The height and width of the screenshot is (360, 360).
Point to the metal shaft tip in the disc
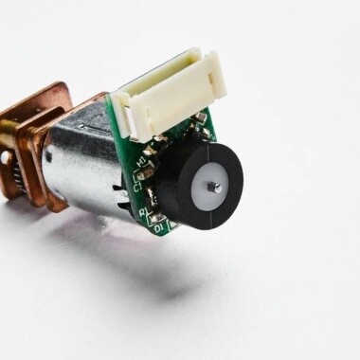[x=215, y=188]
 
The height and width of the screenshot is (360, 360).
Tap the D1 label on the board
[x=159, y=227]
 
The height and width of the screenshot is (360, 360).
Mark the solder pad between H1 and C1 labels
[x=145, y=172]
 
